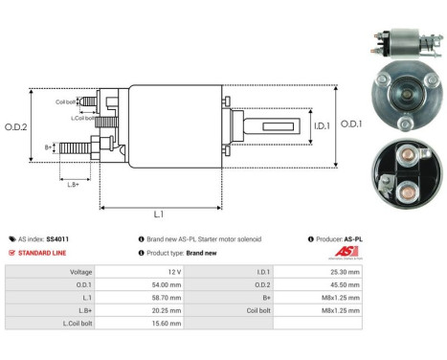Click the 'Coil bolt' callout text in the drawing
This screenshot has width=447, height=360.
[65, 101]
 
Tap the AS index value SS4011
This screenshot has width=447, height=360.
[59, 238]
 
